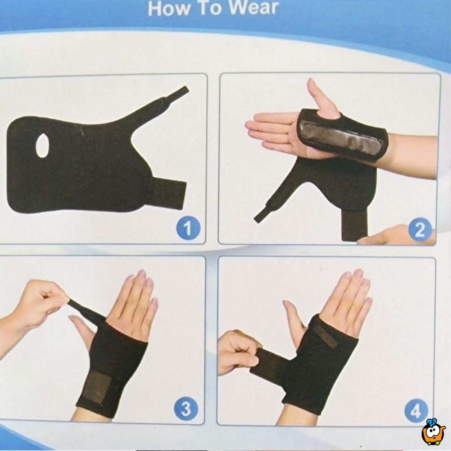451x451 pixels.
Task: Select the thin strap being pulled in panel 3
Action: (x=85, y=310)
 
